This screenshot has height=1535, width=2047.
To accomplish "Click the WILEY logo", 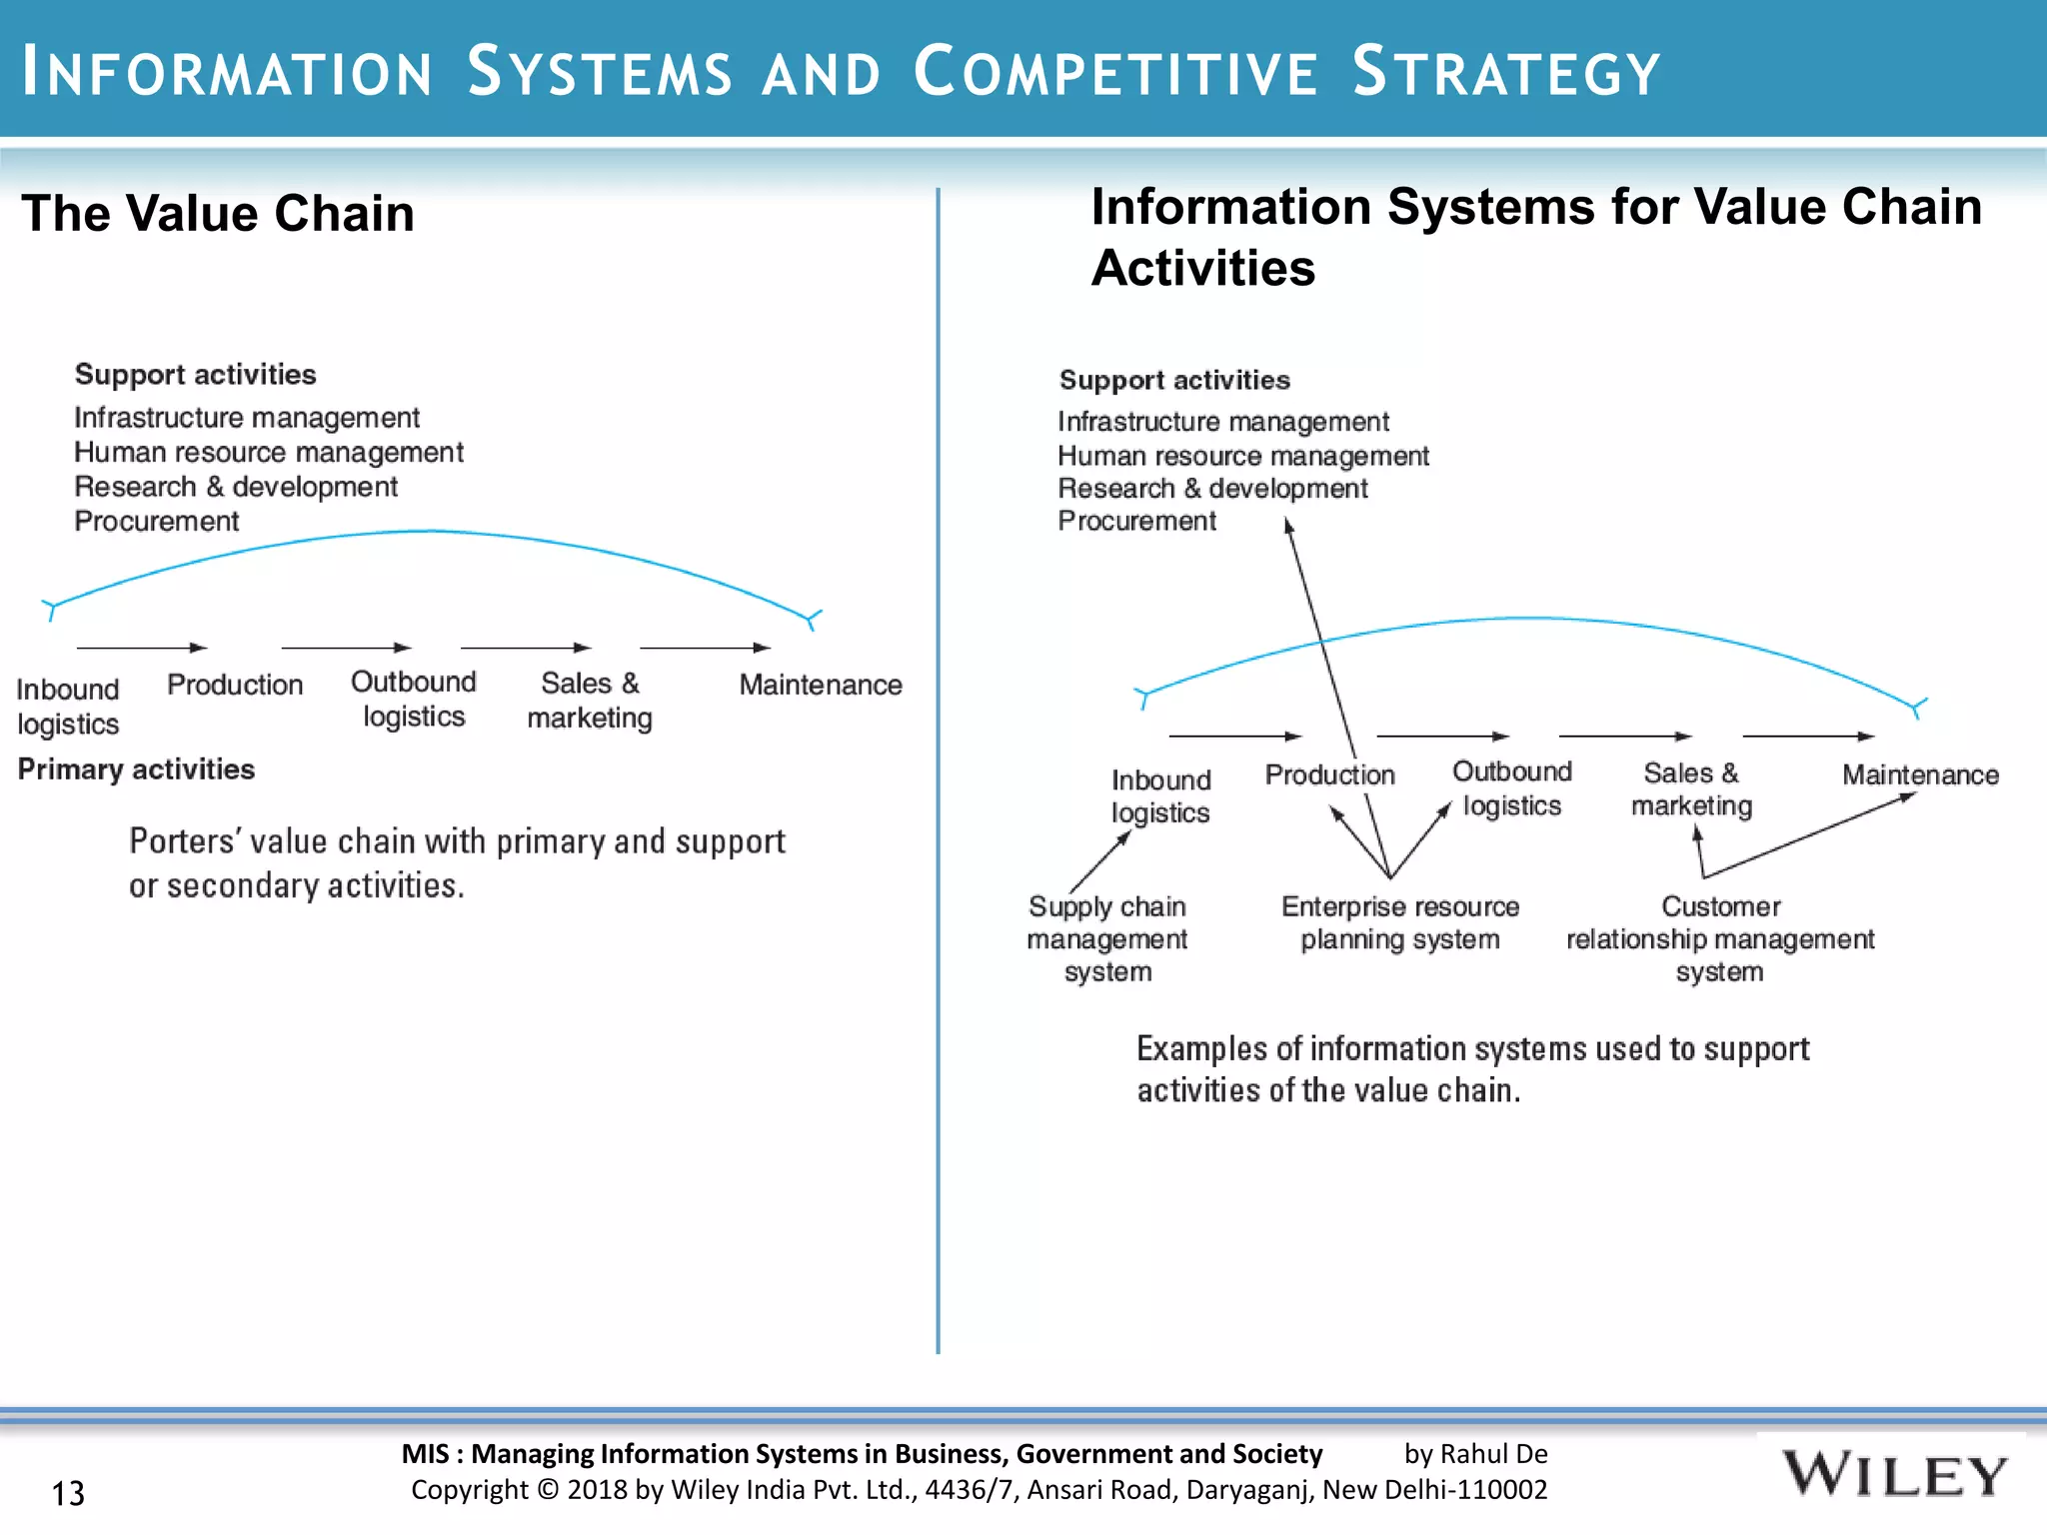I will pos(1893,1475).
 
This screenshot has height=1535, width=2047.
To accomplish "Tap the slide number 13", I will pos(68,1493).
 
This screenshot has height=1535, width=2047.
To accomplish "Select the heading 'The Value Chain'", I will pos(218,213).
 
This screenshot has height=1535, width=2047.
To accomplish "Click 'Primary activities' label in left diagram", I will pos(136,769).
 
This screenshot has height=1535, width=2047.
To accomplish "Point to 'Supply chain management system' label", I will pos(1107,938).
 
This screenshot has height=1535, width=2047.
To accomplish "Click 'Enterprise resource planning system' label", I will pos(1399,922).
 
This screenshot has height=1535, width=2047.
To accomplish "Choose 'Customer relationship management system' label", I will pos(1719,938).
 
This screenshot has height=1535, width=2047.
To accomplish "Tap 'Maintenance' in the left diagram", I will pos(820,685).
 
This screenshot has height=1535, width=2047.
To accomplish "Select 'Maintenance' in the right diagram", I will pos(1920,774).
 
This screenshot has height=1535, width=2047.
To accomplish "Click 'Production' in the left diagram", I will pos(235,685).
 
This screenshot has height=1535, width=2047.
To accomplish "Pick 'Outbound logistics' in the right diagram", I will pos(1511,788).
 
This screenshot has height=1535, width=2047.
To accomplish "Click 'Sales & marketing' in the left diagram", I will pos(590,701).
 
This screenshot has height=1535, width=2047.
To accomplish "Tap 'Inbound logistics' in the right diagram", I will pos(1160,795).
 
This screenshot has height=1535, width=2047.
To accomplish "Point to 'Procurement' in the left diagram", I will pos(157,522).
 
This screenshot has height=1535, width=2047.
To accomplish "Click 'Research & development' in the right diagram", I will pos(1212,489).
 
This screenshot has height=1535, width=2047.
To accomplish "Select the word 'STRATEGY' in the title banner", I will pos(1505,72).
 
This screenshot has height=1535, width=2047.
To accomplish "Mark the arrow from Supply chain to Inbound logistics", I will pos(1099,860).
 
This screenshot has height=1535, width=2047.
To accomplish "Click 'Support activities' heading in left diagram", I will pos(195,375).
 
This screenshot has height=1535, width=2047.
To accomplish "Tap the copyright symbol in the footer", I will pos(548,1490).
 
